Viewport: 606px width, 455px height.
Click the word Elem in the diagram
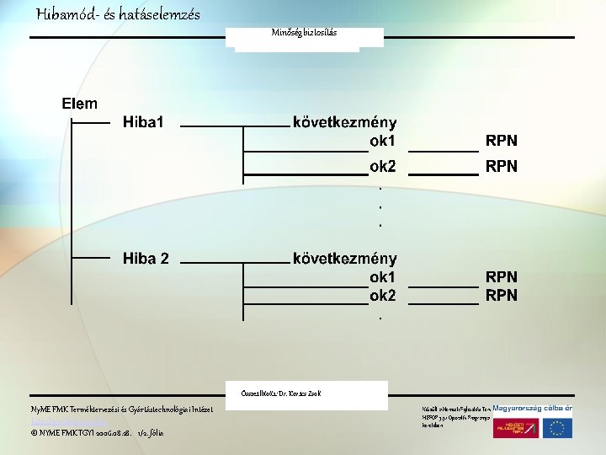tap(79, 104)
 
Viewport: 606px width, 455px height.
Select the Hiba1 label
tap(143, 122)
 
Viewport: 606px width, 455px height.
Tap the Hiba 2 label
tap(146, 258)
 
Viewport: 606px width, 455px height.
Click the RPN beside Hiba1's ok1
tap(502, 141)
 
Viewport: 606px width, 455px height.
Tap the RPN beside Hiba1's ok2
tap(502, 166)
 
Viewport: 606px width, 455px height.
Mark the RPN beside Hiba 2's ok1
tap(502, 276)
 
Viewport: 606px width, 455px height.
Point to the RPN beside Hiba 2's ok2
tap(502, 295)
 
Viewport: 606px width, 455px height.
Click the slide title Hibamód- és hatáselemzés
tap(118, 14)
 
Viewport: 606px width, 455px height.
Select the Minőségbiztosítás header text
tap(304, 32)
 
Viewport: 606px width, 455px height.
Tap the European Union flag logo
tap(557, 428)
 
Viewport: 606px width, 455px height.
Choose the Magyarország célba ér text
tap(533, 409)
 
